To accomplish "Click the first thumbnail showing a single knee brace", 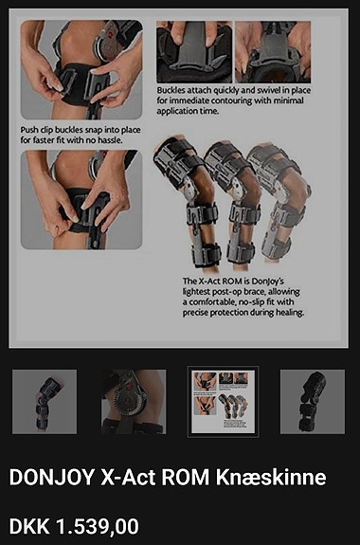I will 45,402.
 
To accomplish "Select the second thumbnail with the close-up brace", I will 134,402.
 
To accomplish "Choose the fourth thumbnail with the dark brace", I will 312,402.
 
